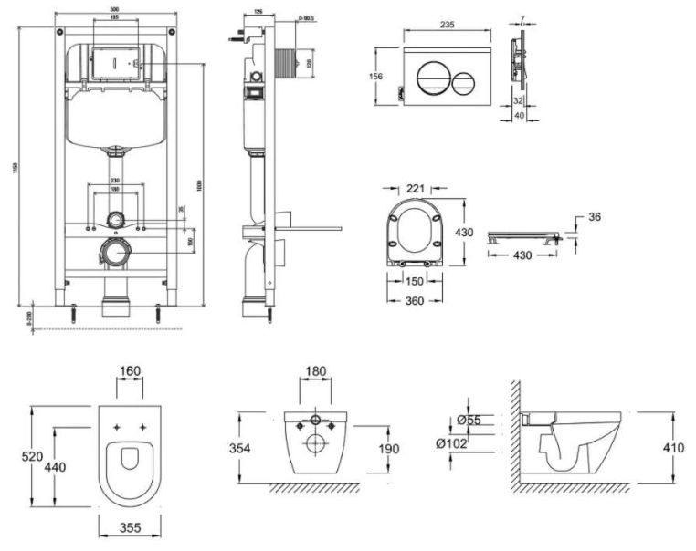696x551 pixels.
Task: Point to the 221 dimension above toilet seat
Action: [x=416, y=189]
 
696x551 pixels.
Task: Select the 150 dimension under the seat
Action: [x=416, y=282]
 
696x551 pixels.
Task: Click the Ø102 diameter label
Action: [x=451, y=442]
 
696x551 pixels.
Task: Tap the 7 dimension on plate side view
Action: [x=521, y=19]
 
